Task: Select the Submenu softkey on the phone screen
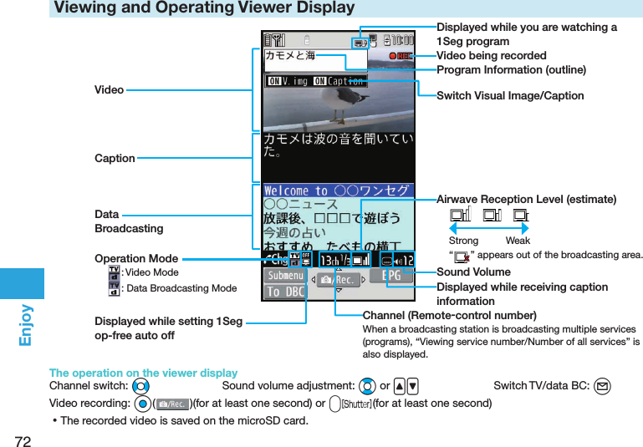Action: [x=285, y=276]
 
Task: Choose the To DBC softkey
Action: [x=285, y=292]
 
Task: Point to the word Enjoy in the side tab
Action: [x=24, y=326]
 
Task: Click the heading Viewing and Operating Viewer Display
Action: [x=205, y=8]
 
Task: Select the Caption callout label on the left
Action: [x=115, y=158]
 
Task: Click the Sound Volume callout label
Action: [x=473, y=272]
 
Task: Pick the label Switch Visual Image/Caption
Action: [x=510, y=96]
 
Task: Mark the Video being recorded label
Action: [x=492, y=55]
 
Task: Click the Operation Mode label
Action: [x=136, y=258]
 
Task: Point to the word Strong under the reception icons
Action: [x=463, y=241]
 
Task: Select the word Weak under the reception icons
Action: [x=518, y=241]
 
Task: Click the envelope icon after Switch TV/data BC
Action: [x=604, y=386]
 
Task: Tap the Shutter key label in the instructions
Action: [x=356, y=404]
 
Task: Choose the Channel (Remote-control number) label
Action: [x=449, y=315]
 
